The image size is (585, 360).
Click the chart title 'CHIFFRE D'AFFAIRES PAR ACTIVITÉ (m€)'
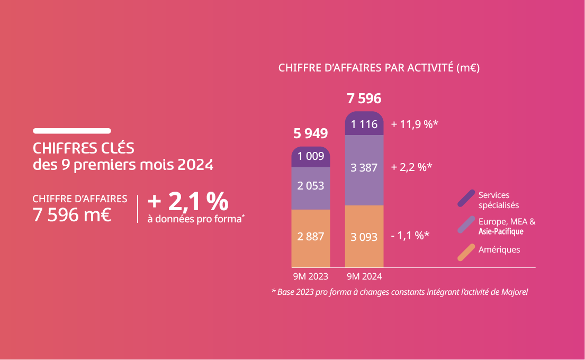(x=379, y=68)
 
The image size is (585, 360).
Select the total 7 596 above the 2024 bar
(x=364, y=99)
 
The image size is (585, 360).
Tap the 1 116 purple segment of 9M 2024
(x=364, y=124)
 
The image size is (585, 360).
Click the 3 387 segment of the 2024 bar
(x=364, y=168)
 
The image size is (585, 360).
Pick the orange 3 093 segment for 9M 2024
(x=364, y=237)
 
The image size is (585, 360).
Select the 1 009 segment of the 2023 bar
(x=311, y=156)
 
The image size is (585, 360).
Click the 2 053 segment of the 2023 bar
(x=311, y=186)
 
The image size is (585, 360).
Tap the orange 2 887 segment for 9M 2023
(x=311, y=237)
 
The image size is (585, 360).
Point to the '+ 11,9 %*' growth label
(x=415, y=124)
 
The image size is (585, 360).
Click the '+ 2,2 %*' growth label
(x=411, y=167)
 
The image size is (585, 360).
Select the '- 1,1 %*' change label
(x=409, y=236)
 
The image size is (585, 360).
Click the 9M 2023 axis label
(x=311, y=276)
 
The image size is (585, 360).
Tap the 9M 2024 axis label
(x=364, y=276)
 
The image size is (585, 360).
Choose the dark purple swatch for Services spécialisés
(x=466, y=198)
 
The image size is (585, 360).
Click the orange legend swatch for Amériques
(x=466, y=252)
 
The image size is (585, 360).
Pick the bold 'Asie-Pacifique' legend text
(x=500, y=232)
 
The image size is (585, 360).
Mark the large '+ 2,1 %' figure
(x=188, y=202)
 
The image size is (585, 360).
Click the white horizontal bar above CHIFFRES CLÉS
(x=72, y=131)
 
